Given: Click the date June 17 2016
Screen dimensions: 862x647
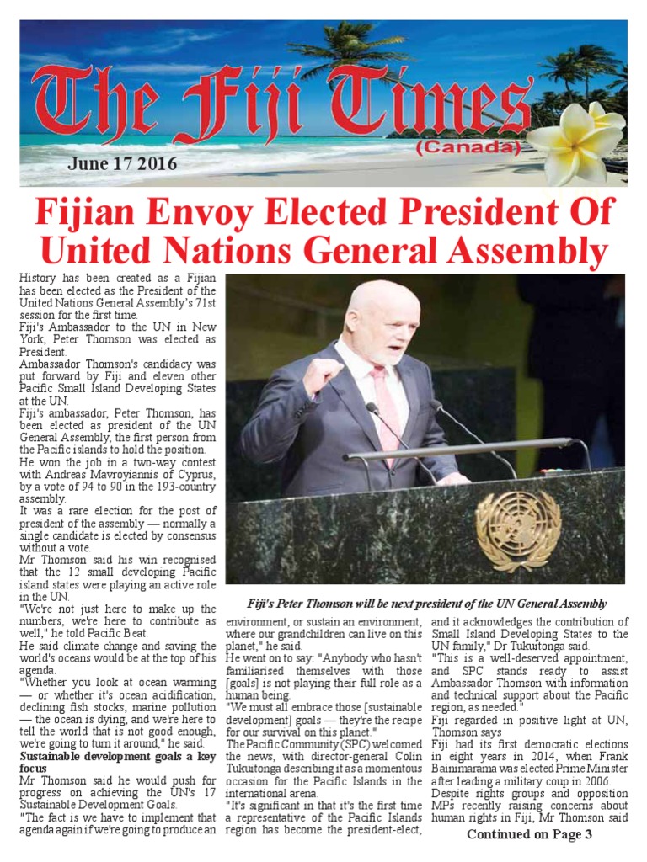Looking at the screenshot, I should [x=122, y=163].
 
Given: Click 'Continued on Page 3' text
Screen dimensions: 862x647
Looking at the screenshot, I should [x=530, y=834].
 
